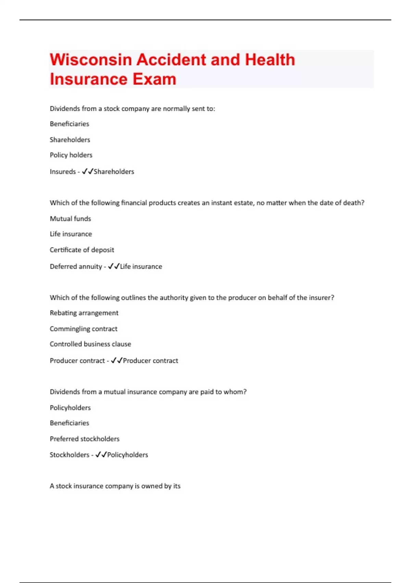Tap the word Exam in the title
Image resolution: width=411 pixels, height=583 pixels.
click(x=154, y=79)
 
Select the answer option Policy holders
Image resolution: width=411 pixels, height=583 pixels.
click(x=71, y=155)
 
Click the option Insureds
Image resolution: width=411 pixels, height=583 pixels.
click(x=63, y=171)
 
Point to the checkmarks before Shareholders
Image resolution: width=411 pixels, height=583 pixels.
click(x=87, y=171)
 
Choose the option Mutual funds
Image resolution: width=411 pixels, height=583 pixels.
click(x=70, y=218)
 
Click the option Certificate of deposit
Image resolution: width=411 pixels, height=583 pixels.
click(x=82, y=250)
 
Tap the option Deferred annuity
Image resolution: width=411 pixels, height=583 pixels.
click(x=76, y=266)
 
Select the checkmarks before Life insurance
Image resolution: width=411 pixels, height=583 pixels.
click(x=114, y=266)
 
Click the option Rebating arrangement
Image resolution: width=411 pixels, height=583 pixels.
click(x=84, y=313)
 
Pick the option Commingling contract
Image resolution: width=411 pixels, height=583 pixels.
click(x=84, y=329)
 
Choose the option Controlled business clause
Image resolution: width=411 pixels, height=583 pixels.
click(x=90, y=344)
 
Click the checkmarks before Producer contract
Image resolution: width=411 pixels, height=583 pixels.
click(x=116, y=360)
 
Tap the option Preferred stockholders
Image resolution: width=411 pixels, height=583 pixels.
click(x=85, y=439)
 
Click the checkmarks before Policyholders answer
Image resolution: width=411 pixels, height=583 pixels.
click(x=101, y=455)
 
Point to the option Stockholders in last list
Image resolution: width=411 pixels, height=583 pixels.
click(x=70, y=455)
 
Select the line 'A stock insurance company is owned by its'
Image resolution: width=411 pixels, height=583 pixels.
click(x=115, y=486)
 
